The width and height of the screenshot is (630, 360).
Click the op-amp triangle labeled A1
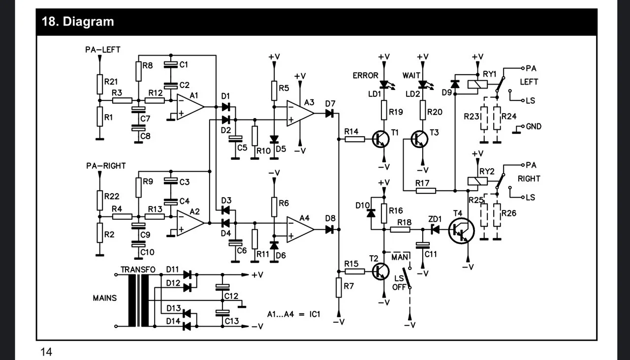click(x=189, y=106)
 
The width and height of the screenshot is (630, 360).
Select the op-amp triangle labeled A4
click(x=300, y=229)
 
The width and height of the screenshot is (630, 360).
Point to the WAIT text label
click(x=412, y=75)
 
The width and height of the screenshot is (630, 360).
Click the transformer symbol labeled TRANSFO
click(x=138, y=300)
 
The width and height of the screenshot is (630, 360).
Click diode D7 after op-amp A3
click(x=329, y=114)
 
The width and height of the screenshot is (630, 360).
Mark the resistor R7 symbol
click(x=338, y=287)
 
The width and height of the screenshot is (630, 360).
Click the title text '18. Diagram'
click(x=78, y=22)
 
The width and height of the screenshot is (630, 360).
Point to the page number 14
click(x=46, y=352)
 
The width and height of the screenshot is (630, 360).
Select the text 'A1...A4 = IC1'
click(x=293, y=314)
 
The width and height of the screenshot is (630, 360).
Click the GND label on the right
click(x=534, y=126)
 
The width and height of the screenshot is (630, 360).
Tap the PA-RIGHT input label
click(x=106, y=166)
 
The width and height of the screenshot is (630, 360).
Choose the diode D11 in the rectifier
click(x=187, y=274)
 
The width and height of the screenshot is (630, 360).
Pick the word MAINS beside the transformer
click(x=105, y=299)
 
